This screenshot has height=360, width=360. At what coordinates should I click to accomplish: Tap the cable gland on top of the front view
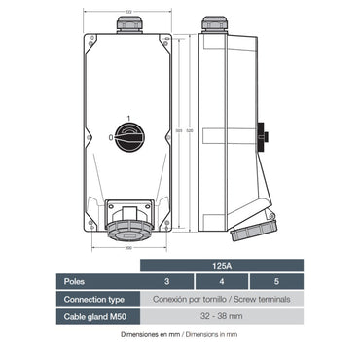[126, 22]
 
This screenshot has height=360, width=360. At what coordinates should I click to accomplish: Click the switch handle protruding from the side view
[263, 131]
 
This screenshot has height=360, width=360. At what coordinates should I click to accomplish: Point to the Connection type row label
[95, 299]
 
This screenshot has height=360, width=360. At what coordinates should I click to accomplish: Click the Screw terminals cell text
[223, 299]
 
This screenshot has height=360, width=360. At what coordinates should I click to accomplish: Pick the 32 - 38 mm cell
[223, 316]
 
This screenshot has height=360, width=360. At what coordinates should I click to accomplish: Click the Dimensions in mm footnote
[179, 334]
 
